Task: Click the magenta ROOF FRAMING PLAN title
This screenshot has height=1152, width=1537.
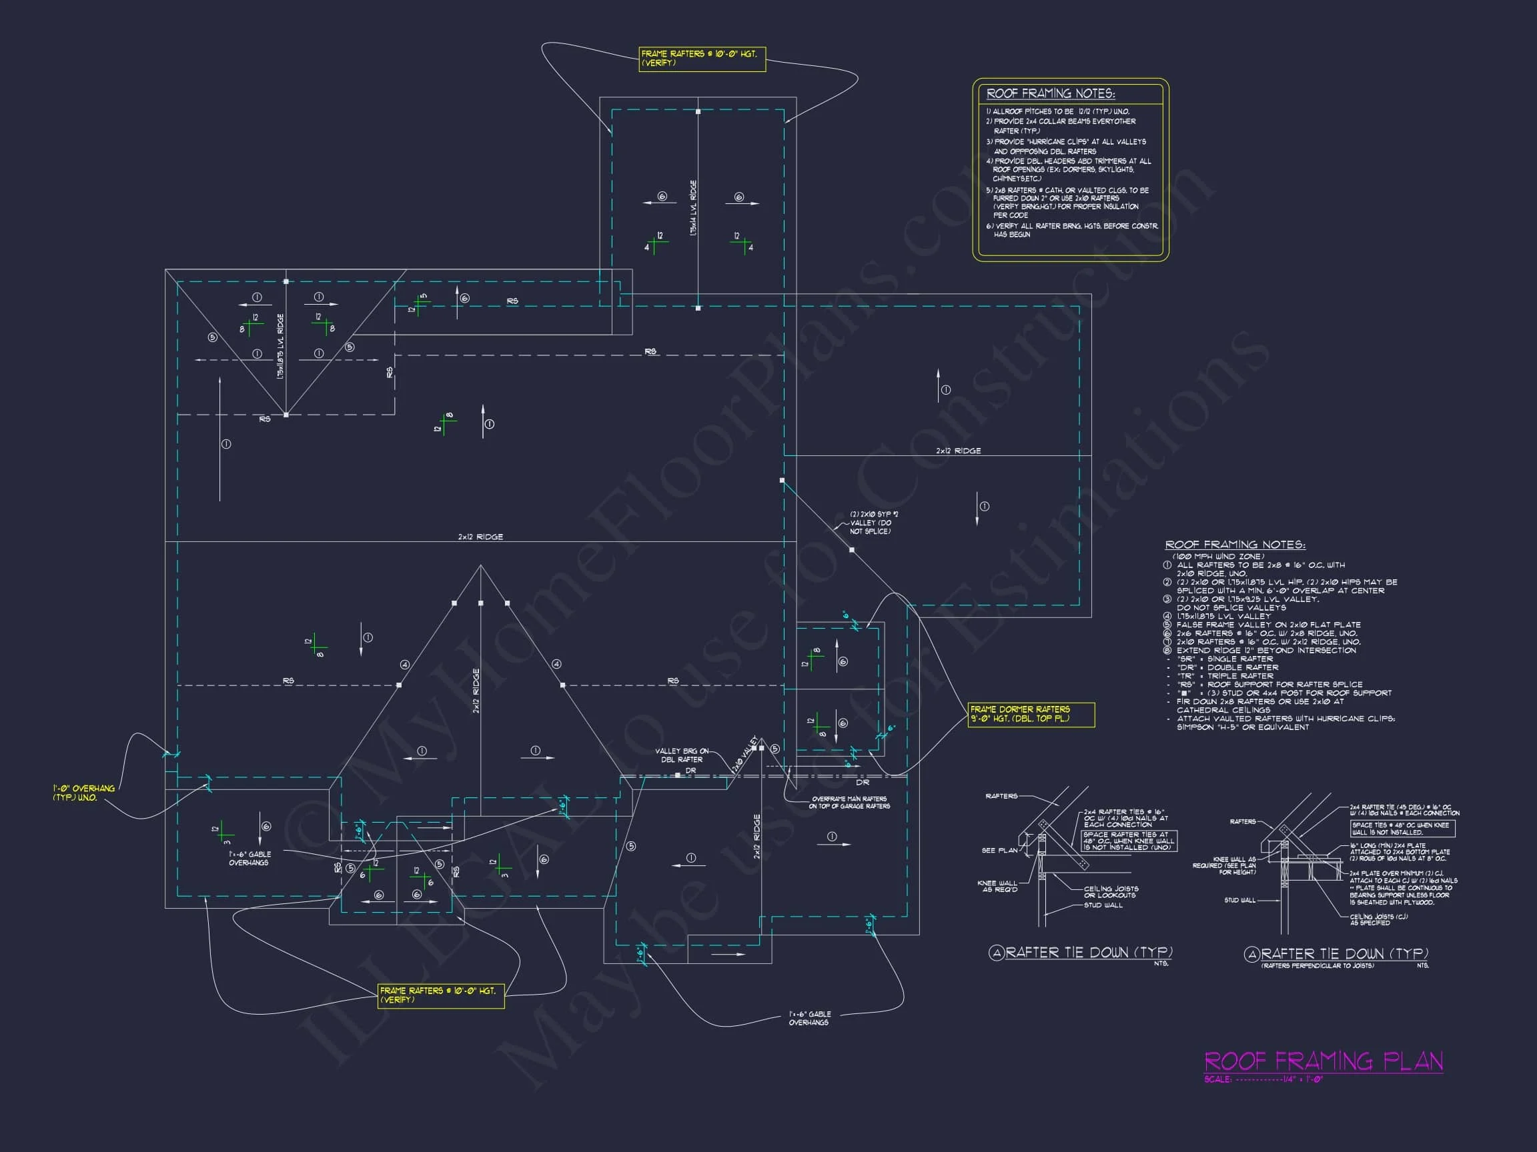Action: [x=1323, y=1061]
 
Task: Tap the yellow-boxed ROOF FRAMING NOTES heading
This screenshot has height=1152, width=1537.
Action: [x=1051, y=94]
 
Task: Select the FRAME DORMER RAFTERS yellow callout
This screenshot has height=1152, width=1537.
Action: [x=1031, y=714]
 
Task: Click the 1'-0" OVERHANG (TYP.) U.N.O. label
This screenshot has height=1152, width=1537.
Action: [x=84, y=793]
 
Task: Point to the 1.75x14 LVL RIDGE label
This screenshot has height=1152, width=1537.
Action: [x=694, y=208]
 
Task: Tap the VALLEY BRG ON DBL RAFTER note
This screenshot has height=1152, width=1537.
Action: [x=682, y=755]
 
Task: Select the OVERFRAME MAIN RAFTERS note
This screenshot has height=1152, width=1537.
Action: [x=849, y=803]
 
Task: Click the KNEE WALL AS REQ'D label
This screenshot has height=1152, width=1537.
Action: [x=997, y=886]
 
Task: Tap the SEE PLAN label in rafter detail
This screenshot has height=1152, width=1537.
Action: [x=999, y=850]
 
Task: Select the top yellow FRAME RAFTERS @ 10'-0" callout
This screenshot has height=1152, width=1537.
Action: [x=702, y=58]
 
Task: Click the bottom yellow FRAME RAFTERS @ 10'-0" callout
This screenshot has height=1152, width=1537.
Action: [x=440, y=995]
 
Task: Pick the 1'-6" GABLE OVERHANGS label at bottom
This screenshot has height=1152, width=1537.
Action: [x=809, y=1018]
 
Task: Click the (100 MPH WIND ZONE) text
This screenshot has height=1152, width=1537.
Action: [x=1218, y=556]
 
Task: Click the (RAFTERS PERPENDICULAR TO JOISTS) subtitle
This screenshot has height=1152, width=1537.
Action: [x=1318, y=965]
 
